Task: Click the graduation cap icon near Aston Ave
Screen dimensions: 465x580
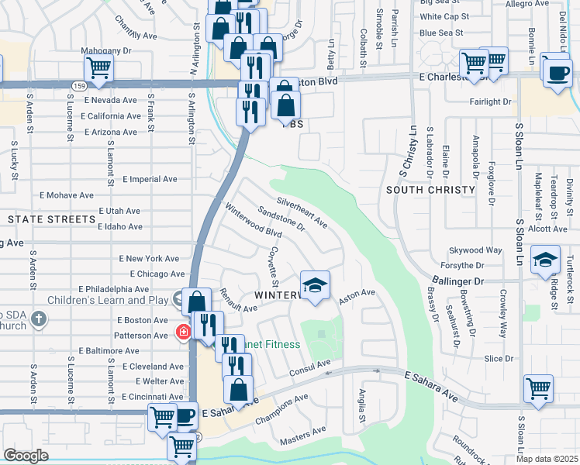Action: tap(315, 285)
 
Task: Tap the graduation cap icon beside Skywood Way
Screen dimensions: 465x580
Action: tap(546, 260)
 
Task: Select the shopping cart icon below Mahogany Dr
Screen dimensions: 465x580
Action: tap(98, 68)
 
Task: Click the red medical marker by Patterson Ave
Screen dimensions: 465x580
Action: tap(183, 332)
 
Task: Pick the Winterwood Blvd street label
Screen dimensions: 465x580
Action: tap(253, 221)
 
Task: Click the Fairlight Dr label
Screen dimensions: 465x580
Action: tap(490, 102)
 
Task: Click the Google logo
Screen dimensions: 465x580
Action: tap(26, 455)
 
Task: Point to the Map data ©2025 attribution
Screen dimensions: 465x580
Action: tap(546, 459)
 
